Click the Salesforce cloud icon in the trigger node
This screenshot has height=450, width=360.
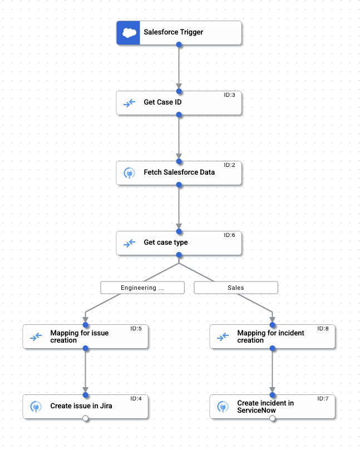click(129, 33)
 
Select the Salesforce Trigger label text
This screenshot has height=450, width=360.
click(173, 32)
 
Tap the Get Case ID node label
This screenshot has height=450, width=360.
click(162, 102)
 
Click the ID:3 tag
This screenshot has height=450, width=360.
click(229, 95)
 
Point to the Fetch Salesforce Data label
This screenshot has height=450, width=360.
click(179, 172)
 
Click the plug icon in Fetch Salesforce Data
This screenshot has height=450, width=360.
click(129, 173)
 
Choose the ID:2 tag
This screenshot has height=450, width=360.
click(229, 165)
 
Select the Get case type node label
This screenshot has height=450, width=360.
click(166, 243)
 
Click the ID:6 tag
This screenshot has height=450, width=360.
click(229, 235)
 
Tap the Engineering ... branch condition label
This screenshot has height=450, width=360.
click(142, 288)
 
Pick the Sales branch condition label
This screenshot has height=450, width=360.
click(236, 288)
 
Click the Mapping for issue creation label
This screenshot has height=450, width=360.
click(80, 337)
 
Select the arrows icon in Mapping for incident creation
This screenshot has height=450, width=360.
click(223, 337)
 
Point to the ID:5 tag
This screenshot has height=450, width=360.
click(136, 329)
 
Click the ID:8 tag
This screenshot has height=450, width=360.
click(323, 329)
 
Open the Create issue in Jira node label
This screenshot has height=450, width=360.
click(81, 406)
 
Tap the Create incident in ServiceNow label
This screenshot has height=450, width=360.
click(265, 407)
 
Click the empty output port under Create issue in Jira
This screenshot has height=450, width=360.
click(85, 419)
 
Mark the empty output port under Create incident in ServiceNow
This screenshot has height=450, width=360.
click(272, 419)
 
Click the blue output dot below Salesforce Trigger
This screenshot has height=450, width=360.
click(179, 44)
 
